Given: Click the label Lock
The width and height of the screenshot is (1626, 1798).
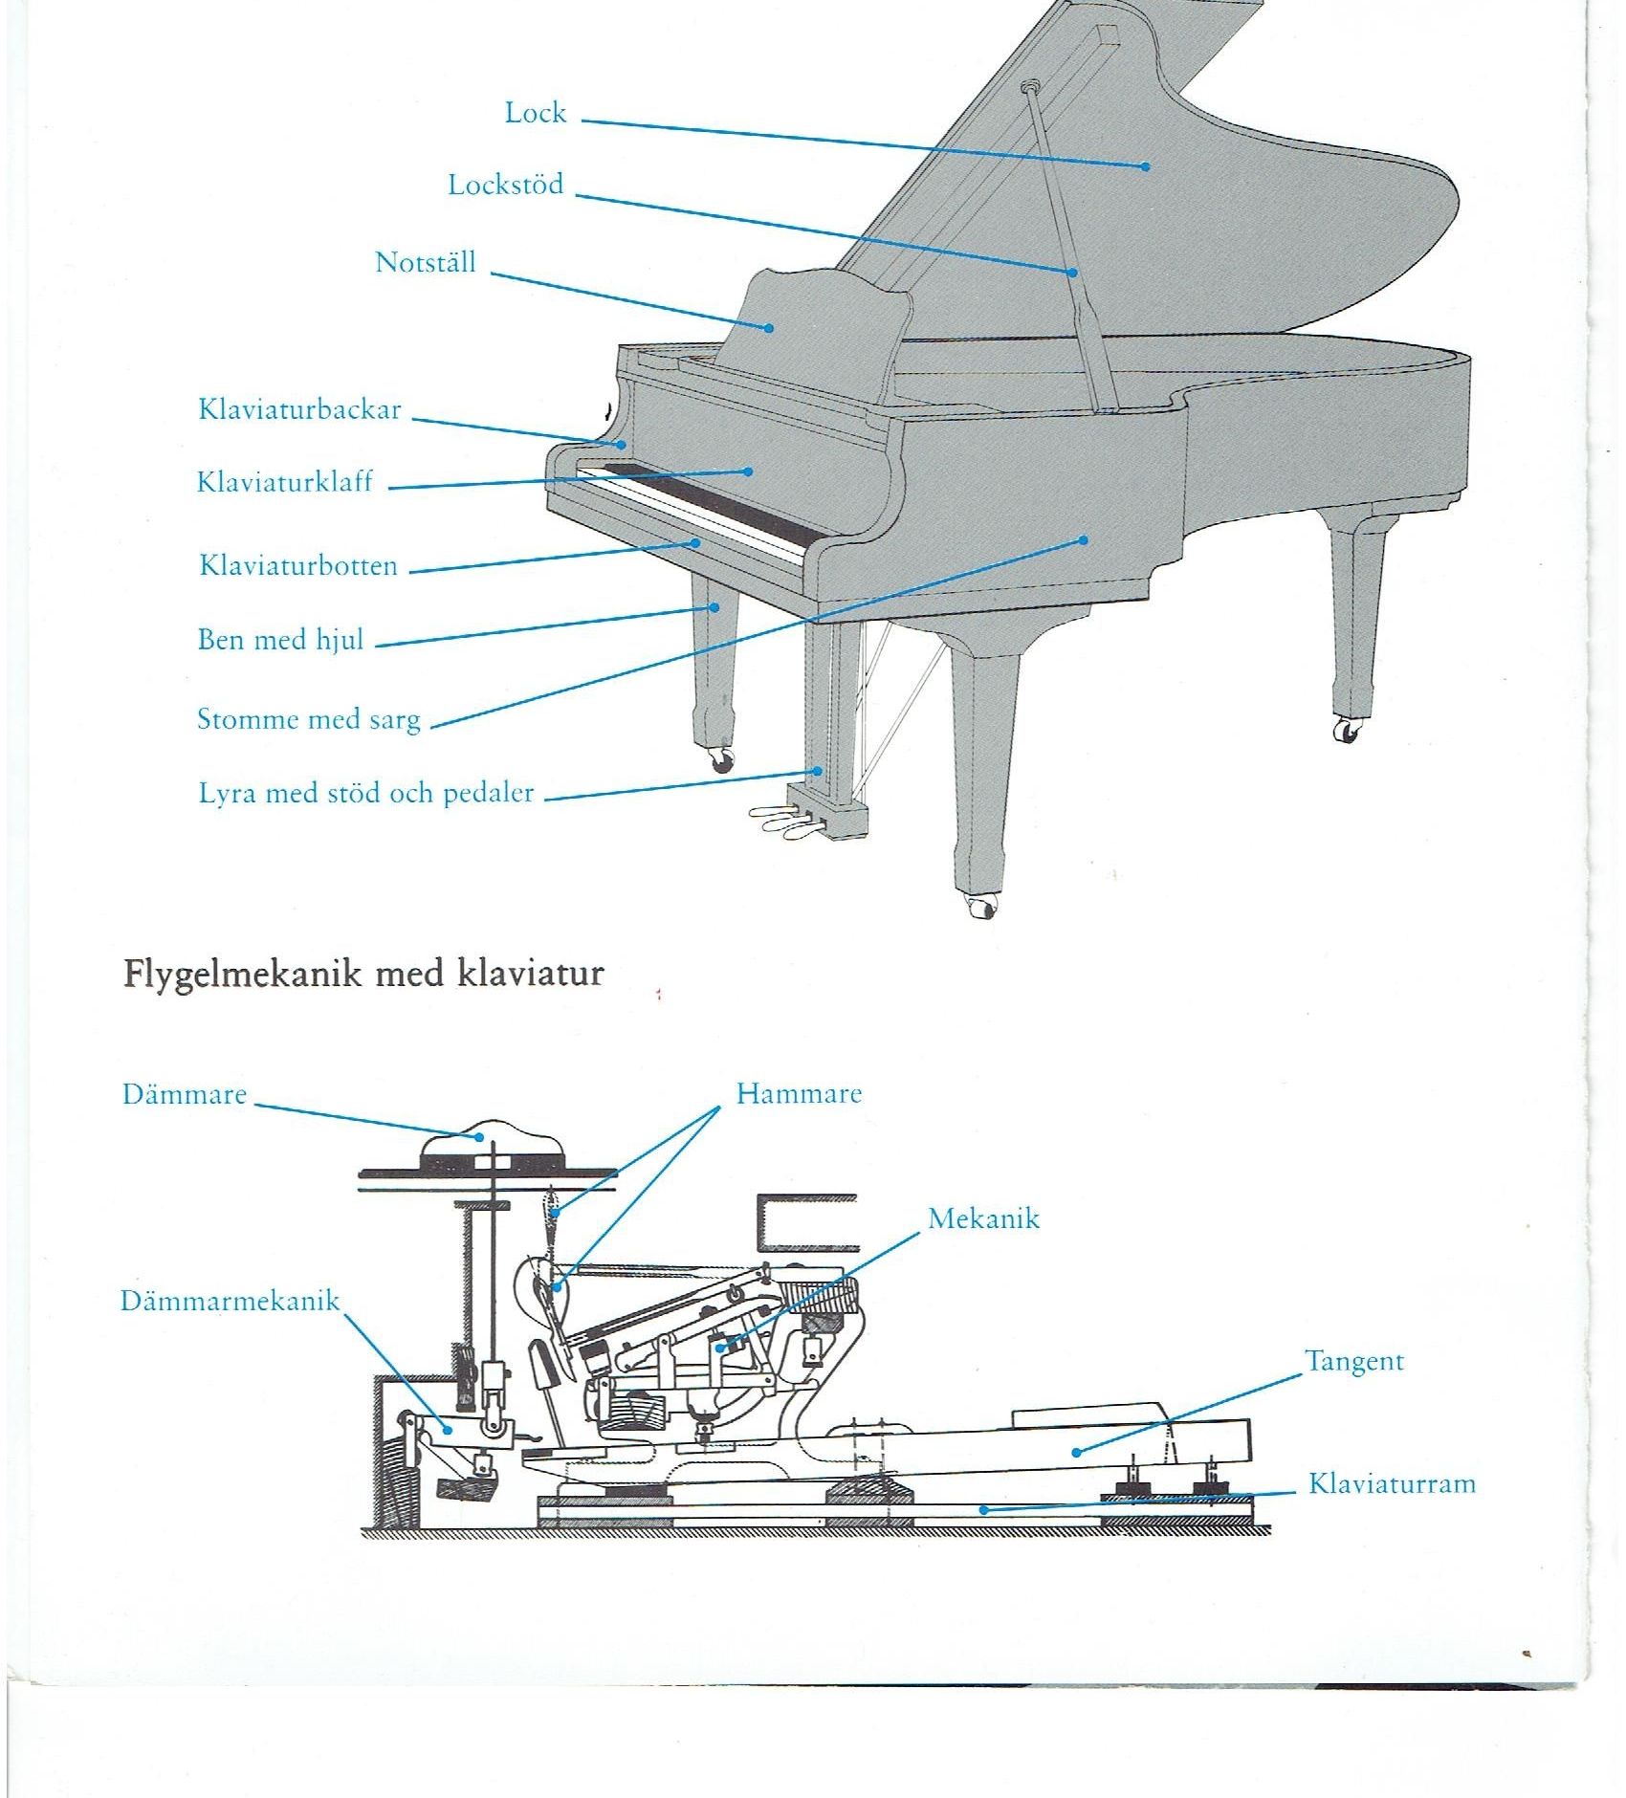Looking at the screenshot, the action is pyautogui.click(x=536, y=113).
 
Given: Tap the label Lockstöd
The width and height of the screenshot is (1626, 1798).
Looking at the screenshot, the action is pyautogui.click(x=506, y=185).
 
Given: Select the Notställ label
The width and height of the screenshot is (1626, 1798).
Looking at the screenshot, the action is pyautogui.click(x=426, y=262).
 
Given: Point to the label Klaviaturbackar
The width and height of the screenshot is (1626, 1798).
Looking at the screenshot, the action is pyautogui.click(x=299, y=409).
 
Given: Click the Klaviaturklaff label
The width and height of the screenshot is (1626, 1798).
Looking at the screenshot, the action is pyautogui.click(x=284, y=481).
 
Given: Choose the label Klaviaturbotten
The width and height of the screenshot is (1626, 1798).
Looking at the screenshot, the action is pyautogui.click(x=298, y=565).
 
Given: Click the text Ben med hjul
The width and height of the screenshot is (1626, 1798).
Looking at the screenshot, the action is pyautogui.click(x=280, y=639).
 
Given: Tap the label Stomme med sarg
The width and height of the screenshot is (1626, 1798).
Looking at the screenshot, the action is pyautogui.click(x=309, y=719).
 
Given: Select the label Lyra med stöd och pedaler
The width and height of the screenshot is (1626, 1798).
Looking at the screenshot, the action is pyautogui.click(x=366, y=793).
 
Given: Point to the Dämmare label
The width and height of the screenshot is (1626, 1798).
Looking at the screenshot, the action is pyautogui.click(x=185, y=1094).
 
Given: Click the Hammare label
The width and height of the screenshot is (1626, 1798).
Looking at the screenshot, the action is pyautogui.click(x=799, y=1094).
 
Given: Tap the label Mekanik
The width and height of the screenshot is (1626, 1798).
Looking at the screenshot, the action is pyautogui.click(x=983, y=1218).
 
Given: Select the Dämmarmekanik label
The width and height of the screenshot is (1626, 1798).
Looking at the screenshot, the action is pyautogui.click(x=230, y=1301).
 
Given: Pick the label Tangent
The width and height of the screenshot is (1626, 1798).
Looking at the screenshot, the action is pyautogui.click(x=1354, y=1362).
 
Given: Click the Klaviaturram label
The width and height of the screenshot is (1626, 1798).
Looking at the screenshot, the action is pyautogui.click(x=1392, y=1483).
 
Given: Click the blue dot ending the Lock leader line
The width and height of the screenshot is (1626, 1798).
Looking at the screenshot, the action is pyautogui.click(x=1145, y=166).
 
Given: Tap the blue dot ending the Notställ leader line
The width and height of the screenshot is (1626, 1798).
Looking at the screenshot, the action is pyautogui.click(x=769, y=328).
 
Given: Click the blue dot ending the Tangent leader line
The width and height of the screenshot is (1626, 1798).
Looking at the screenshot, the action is pyautogui.click(x=1076, y=1452).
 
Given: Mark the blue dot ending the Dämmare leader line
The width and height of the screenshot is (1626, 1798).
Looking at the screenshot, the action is pyautogui.click(x=480, y=1137).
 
